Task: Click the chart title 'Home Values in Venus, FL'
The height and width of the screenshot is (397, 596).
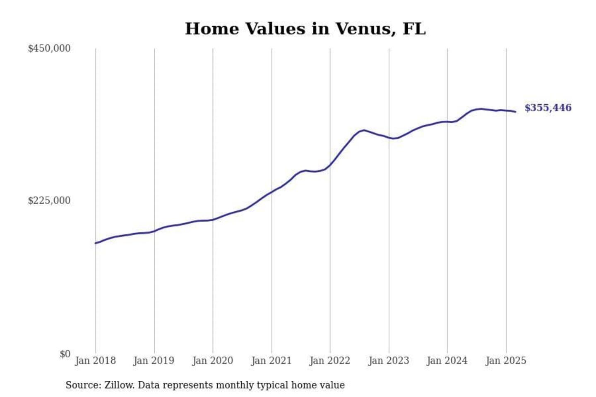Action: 305,29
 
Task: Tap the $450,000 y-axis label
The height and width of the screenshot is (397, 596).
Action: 49,48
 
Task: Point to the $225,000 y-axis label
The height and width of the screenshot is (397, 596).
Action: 49,201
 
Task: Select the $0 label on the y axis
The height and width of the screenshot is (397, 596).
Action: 65,354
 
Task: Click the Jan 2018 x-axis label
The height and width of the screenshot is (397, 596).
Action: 95,361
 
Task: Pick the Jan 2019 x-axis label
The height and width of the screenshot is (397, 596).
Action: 154,361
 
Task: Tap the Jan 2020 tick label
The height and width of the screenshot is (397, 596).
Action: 212,361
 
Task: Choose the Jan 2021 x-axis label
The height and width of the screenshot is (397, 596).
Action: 271,361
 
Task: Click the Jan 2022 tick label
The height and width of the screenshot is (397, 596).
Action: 329,361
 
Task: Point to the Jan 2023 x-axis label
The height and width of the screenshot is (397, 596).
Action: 388,361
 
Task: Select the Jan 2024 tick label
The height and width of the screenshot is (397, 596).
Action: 447,361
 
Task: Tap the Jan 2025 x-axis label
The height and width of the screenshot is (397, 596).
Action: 506,361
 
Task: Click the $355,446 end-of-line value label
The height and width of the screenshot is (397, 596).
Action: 548,108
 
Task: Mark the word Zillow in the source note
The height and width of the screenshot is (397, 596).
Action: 119,385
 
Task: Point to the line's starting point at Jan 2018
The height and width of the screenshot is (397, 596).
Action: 96,243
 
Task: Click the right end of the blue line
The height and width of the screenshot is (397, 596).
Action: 515,112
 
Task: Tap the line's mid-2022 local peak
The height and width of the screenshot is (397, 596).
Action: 363,130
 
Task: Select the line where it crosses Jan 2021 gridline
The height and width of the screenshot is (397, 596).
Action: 272,192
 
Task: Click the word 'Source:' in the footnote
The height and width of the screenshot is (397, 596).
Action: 83,385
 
